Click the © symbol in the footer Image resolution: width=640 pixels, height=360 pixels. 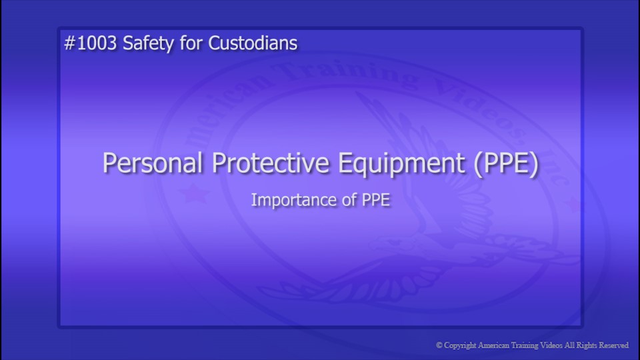point(439,345)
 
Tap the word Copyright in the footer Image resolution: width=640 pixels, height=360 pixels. point(461,345)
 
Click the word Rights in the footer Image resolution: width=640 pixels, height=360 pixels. point(585,345)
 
